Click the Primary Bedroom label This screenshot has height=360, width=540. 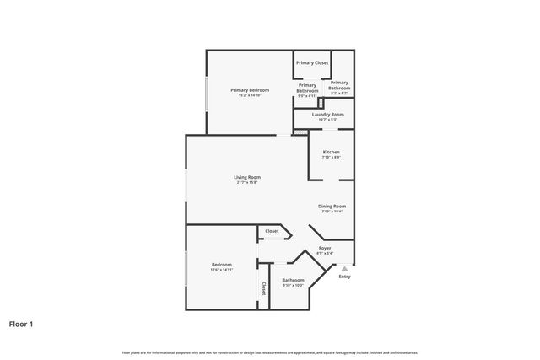coord(251,89)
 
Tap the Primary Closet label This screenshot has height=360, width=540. coord(311,62)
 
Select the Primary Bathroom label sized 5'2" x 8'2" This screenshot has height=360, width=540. coord(339,84)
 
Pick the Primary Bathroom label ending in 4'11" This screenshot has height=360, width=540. coord(307,87)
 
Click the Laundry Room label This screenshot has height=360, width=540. coord(327,114)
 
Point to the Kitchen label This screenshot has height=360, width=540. coord(331,152)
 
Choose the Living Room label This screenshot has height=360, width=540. coord(247,177)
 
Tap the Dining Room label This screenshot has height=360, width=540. coord(332,207)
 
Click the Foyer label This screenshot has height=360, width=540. coord(324,248)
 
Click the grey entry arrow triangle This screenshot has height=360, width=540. coord(344,268)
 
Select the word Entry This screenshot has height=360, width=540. coord(344,277)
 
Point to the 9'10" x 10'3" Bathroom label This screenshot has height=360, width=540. coord(293,280)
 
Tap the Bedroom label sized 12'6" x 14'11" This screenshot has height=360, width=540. coord(222,265)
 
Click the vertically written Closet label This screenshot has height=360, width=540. coord(263,289)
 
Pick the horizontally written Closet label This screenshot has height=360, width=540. coord(272,231)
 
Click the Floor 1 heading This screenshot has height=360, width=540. coord(21,323)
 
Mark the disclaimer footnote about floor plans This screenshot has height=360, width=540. coord(270,352)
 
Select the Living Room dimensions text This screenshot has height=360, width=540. coord(247,183)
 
